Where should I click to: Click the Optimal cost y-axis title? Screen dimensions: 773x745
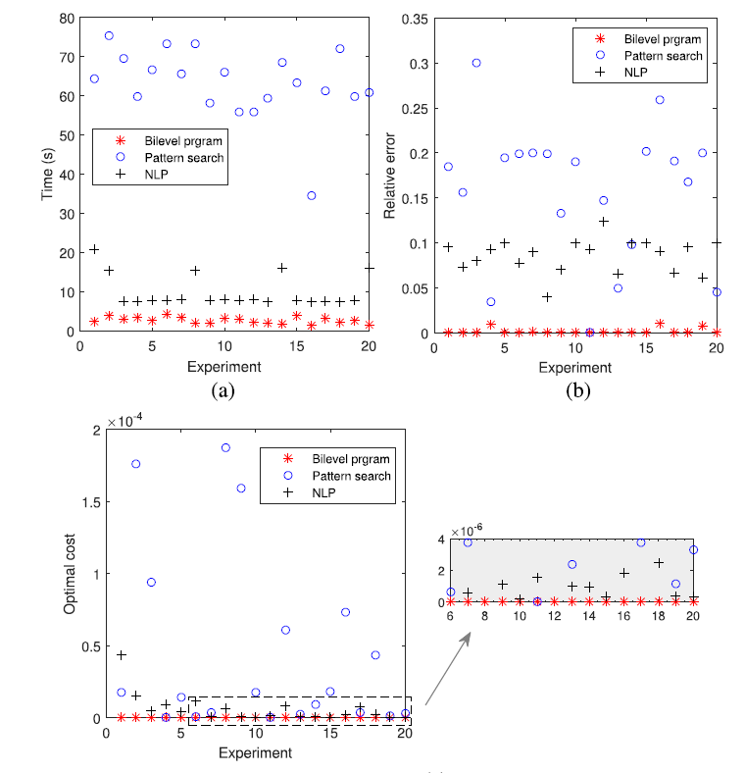click(x=70, y=573)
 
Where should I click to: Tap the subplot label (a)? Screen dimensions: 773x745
click(x=222, y=390)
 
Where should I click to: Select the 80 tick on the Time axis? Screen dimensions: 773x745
click(x=67, y=18)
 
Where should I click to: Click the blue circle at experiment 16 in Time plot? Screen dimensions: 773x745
click(x=311, y=195)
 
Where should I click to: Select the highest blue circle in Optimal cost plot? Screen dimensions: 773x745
click(x=225, y=447)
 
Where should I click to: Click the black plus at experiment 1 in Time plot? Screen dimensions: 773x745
click(x=94, y=249)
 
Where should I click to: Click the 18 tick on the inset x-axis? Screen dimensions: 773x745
click(x=658, y=615)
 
